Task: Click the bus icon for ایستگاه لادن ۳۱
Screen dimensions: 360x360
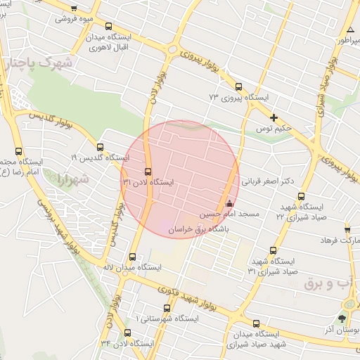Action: coord(147,172)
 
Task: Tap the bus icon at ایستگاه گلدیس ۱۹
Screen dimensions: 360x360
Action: coord(100,148)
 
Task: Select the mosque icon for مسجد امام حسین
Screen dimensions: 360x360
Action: coord(229,204)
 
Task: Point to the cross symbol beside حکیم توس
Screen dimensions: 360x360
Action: coord(274,117)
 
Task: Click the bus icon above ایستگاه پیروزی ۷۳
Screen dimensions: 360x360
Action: coord(238,87)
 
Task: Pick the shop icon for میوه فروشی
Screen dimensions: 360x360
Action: coord(75,9)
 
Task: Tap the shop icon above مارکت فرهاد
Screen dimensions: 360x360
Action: coord(347,230)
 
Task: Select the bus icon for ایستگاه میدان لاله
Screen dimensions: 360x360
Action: coord(133,257)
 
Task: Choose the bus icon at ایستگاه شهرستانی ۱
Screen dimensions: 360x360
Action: coord(167,308)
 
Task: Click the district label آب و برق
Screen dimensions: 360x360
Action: coord(330,282)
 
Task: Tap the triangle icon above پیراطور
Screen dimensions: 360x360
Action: coord(349,30)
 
